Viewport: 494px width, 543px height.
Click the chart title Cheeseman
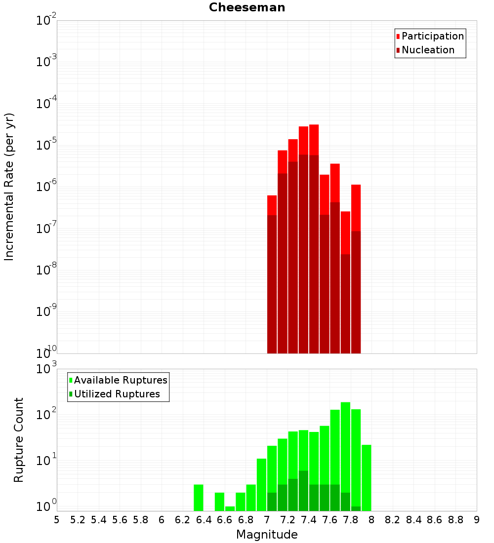coord(247,7)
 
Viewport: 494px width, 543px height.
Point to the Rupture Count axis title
coord(19,439)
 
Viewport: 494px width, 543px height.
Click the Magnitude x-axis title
coord(267,535)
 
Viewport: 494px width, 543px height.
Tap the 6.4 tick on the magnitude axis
coord(204,519)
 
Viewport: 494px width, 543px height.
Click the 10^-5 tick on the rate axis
coord(46,145)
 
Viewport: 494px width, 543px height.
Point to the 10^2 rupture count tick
coord(46,414)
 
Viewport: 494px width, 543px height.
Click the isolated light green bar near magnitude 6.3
coord(199,498)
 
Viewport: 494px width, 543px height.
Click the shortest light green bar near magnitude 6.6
coord(230,508)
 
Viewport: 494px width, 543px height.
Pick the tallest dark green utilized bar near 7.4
coord(303,491)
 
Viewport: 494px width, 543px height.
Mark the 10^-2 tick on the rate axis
coord(46,21)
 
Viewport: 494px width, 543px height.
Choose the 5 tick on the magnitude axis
coord(57,519)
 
